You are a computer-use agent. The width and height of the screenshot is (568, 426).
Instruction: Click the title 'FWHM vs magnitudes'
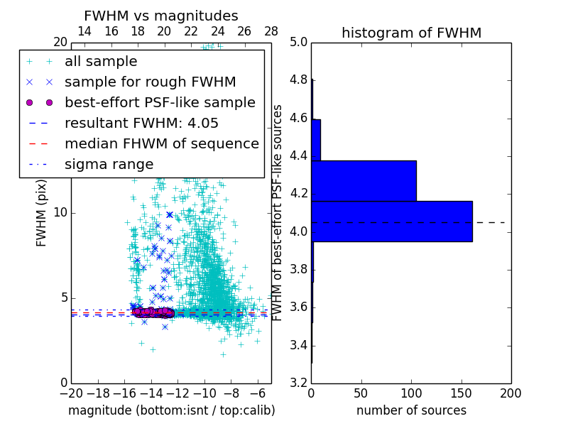tap(161, 16)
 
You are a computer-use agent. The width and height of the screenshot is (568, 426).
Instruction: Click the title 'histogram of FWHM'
tap(411, 33)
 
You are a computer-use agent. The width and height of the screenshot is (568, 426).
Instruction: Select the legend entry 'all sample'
tap(101, 62)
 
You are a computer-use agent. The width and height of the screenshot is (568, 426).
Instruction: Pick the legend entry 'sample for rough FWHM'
tap(150, 82)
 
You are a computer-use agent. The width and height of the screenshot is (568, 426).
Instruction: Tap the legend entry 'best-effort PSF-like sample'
tap(160, 103)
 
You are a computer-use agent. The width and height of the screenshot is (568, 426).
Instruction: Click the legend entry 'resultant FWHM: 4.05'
tap(141, 124)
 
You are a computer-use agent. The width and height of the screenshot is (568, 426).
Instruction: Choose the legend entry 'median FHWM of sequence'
tap(161, 144)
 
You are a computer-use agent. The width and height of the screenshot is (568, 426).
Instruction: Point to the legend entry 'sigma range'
tap(109, 165)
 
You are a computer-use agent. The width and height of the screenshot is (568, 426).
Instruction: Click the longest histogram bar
tap(391, 222)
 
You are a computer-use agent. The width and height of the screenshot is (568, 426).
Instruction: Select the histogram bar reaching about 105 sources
tap(364, 181)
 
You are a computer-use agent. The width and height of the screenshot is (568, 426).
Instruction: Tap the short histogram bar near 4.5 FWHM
tap(316, 140)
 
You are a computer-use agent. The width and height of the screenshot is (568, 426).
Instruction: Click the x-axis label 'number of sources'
tap(411, 410)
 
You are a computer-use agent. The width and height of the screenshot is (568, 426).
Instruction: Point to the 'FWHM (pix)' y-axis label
tap(42, 212)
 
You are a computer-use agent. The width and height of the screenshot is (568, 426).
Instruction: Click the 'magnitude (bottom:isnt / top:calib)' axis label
tap(171, 410)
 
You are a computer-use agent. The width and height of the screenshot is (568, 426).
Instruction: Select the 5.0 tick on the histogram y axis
tap(298, 42)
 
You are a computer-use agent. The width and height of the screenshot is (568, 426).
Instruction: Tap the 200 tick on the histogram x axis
tap(510, 393)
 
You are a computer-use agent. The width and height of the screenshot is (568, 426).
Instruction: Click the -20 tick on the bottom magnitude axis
tap(71, 393)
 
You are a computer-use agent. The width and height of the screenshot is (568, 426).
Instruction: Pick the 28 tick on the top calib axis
tap(271, 31)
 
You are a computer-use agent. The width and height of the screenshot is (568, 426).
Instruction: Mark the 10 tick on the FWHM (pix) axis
tap(60, 212)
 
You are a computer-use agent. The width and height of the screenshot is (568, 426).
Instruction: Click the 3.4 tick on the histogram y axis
tap(298, 345)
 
